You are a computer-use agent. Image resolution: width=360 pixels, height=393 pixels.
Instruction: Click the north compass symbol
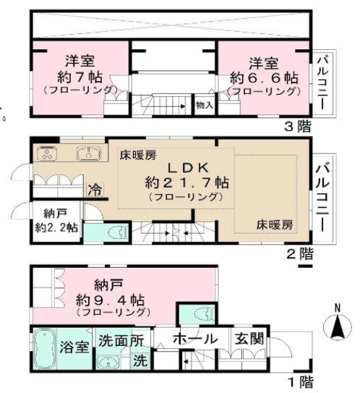pyautogui.click(x=338, y=325)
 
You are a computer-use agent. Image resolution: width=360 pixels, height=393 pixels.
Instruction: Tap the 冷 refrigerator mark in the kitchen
pyautogui.click(x=95, y=190)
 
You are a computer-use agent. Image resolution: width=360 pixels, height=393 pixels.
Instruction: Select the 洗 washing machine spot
pyautogui.click(x=140, y=360)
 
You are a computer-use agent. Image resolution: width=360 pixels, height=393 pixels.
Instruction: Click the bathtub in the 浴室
pyautogui.click(x=45, y=348)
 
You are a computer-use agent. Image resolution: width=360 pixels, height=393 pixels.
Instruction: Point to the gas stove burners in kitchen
pyautogui.click(x=47, y=153)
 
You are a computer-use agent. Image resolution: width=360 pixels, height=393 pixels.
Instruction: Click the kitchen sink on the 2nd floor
pyautogui.click(x=89, y=153)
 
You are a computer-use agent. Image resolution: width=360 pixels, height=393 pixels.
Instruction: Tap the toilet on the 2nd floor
pyautogui.click(x=119, y=232)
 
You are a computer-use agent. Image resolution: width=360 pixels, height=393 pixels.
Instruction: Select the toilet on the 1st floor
pyautogui.click(x=205, y=313)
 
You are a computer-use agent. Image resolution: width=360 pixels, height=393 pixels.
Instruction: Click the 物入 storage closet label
pyautogui.click(x=205, y=106)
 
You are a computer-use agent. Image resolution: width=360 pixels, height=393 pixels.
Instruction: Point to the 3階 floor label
pyautogui.click(x=298, y=126)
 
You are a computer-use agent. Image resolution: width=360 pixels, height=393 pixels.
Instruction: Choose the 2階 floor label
pyautogui.click(x=300, y=254)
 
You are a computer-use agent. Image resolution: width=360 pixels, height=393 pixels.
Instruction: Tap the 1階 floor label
pyautogui.click(x=301, y=382)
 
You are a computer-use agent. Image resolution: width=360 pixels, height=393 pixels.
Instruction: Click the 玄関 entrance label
pyautogui.click(x=249, y=339)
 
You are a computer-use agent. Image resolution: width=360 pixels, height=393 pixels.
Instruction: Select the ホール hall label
pyautogui.click(x=195, y=339)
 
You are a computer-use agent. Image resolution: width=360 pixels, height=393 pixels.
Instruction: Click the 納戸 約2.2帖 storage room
pyautogui.click(x=56, y=221)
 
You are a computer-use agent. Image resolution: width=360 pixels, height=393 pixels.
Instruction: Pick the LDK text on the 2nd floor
pyautogui.click(x=188, y=168)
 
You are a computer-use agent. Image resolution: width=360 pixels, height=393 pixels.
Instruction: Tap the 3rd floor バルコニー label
pyautogui.click(x=323, y=83)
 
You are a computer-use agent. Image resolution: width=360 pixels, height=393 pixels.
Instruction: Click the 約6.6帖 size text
pyautogui.click(x=264, y=78)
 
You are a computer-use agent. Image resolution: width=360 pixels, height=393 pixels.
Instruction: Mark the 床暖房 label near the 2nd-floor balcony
pyautogui.click(x=275, y=225)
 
